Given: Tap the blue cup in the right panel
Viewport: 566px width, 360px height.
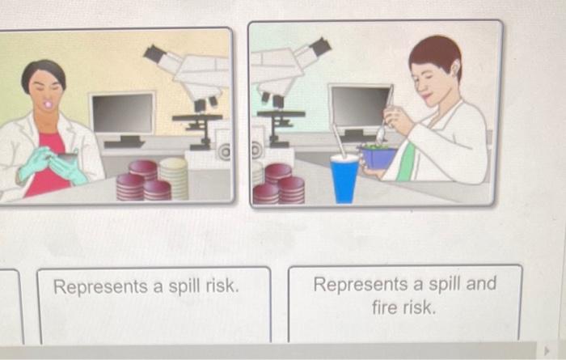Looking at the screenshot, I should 344,179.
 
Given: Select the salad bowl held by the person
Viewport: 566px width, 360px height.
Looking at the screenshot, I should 378,156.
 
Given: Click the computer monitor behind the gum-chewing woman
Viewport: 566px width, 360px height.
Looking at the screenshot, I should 122,114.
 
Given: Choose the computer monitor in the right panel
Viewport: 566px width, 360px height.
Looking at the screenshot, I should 359,108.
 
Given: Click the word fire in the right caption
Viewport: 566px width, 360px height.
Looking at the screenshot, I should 389,308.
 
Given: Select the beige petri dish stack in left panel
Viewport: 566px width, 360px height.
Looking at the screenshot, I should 174,177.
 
